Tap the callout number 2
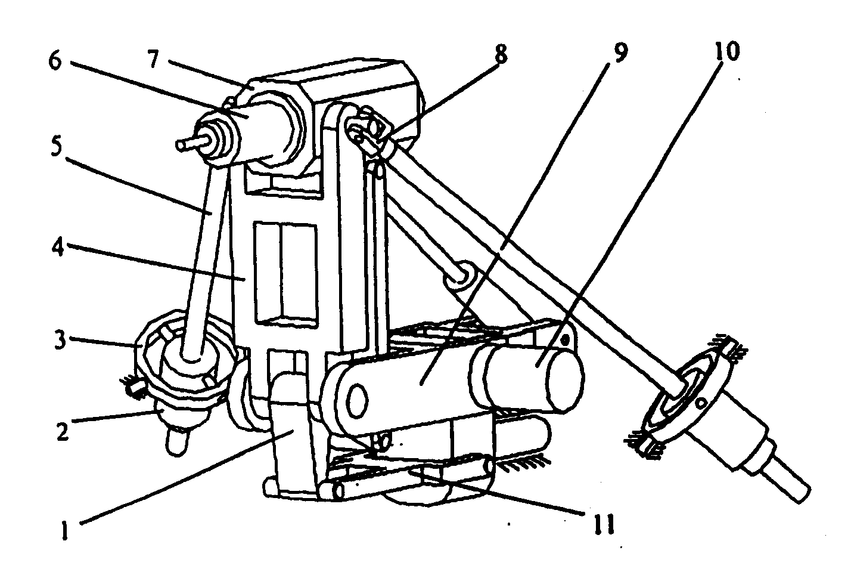coord(63,431)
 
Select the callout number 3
coord(60,339)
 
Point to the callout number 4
coord(58,248)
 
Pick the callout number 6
coord(55,61)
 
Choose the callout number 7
coord(153,59)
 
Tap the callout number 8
coord(501,54)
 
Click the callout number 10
coord(727,51)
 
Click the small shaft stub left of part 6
coord(189,143)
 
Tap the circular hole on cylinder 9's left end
coord(357,400)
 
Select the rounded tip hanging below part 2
coord(176,443)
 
